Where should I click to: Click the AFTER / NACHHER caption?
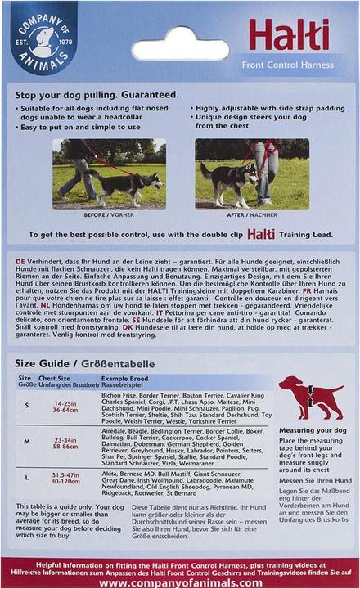pyautogui.click(x=246, y=214)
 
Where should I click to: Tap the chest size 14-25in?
pyautogui.click(x=65, y=403)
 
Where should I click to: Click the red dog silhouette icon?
pyautogui.click(x=310, y=398)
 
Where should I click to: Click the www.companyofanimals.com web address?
pyautogui.click(x=180, y=582)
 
